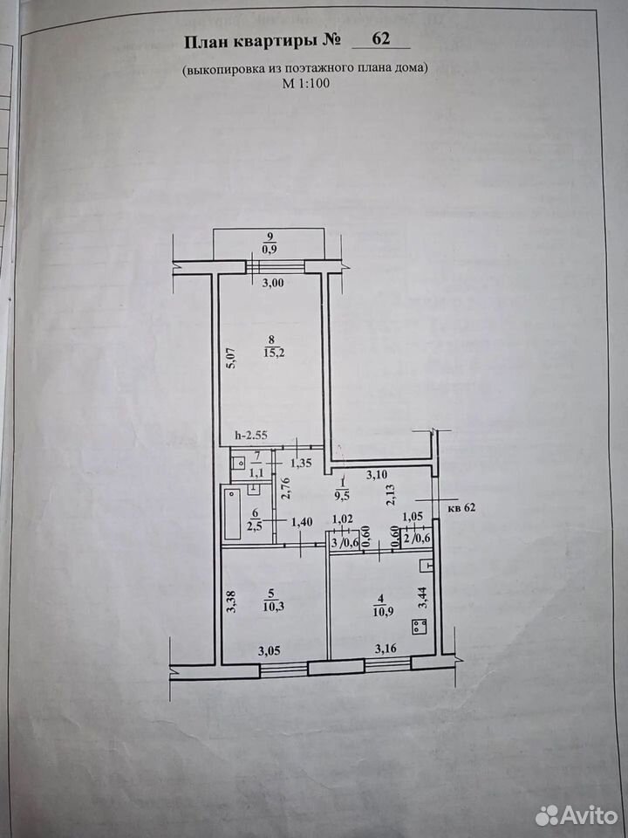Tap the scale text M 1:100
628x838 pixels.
pyautogui.click(x=305, y=83)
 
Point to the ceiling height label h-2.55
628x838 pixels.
pyautogui.click(x=251, y=436)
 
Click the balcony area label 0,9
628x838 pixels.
pyautogui.click(x=270, y=249)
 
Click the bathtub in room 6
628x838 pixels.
pyautogui.click(x=232, y=512)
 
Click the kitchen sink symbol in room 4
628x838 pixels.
pyautogui.click(x=427, y=564)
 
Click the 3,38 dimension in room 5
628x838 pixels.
pyautogui.click(x=230, y=601)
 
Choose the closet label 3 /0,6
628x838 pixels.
pyautogui.click(x=344, y=541)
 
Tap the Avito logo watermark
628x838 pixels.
pyautogui.click(x=577, y=815)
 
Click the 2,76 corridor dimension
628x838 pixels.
pyautogui.click(x=284, y=488)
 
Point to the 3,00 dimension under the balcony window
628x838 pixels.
pyautogui.click(x=273, y=283)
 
